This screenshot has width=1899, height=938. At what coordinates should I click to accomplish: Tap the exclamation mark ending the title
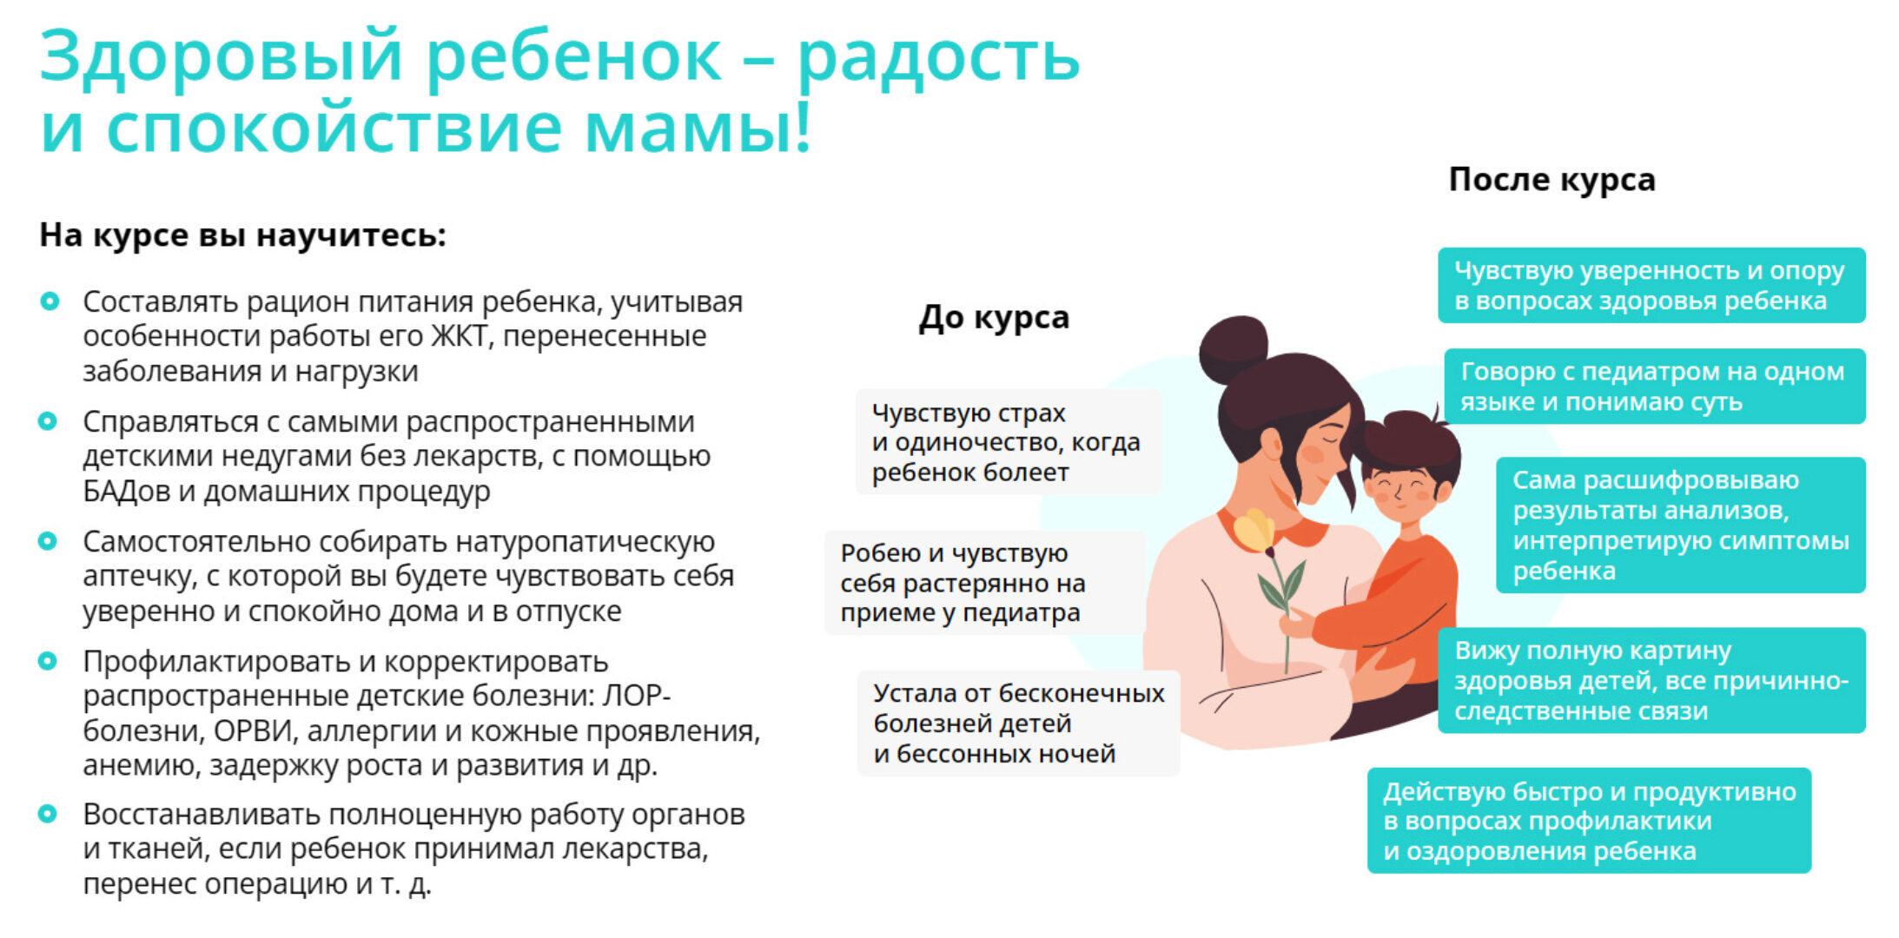click(802, 129)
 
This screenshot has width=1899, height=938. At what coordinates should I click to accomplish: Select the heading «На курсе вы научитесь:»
click(242, 235)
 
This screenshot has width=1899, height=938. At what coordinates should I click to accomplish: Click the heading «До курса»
click(994, 318)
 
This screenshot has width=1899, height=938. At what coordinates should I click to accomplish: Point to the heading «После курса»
click(1552, 180)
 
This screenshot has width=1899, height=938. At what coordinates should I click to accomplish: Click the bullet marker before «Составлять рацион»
click(50, 301)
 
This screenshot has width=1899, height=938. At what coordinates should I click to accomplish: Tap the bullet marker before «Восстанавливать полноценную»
click(49, 814)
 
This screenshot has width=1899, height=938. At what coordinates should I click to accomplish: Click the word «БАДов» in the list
click(126, 491)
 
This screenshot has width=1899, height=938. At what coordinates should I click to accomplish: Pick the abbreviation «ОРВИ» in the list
click(252, 730)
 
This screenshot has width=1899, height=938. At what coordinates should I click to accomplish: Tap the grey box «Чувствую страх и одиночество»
click(1008, 442)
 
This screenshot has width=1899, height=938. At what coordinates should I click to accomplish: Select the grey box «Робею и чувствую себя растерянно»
click(983, 583)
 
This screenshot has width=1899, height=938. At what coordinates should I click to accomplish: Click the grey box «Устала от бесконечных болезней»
click(1017, 723)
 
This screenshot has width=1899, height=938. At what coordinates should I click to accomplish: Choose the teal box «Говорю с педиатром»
click(1653, 386)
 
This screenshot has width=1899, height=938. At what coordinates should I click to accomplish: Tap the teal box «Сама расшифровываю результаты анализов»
click(1679, 525)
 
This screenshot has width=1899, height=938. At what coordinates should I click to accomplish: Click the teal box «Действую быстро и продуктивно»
click(1588, 821)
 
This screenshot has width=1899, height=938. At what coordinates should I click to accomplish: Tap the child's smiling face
click(1399, 490)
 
